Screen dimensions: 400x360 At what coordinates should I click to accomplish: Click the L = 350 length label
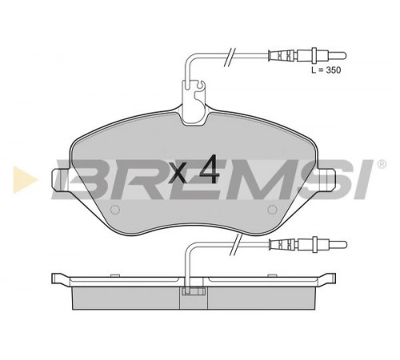[326, 70]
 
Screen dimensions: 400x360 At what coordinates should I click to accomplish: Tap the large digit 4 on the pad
[210, 170]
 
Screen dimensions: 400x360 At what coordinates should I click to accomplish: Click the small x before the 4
[178, 173]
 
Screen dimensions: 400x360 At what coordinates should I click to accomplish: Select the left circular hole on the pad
[115, 210]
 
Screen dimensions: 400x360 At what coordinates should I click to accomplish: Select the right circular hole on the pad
[272, 210]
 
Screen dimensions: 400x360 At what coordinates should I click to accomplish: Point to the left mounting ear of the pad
[61, 179]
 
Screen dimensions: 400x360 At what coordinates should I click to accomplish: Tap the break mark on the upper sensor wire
[230, 56]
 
